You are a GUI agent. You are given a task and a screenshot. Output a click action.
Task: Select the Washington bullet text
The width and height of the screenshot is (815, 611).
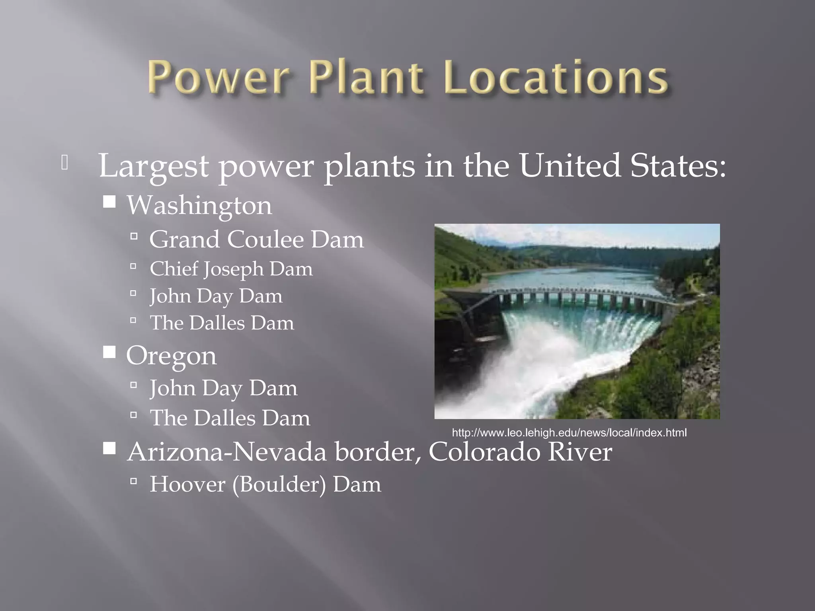point(199,206)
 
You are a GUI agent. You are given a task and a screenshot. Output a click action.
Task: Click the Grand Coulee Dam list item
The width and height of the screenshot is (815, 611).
point(256,239)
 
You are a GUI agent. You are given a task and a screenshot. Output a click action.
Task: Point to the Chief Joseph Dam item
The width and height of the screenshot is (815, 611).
point(231,269)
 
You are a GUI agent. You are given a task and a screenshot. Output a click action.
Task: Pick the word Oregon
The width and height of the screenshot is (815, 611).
point(171,356)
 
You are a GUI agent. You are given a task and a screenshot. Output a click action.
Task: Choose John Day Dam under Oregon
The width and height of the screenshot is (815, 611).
point(223,388)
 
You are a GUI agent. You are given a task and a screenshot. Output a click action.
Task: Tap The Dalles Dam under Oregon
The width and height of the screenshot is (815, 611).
point(230,418)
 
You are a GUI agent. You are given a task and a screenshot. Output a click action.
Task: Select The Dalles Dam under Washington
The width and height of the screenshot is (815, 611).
point(222,323)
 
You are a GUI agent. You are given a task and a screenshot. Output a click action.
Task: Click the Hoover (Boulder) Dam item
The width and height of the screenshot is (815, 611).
point(265,485)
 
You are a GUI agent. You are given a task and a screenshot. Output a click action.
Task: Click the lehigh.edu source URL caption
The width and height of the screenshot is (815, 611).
point(569,433)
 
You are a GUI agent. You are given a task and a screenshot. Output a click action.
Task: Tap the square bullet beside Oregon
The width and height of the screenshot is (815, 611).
point(109,352)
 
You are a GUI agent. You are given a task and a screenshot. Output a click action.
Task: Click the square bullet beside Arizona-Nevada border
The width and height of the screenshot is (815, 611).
point(109,448)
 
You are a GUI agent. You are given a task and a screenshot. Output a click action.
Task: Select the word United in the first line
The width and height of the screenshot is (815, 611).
point(569,165)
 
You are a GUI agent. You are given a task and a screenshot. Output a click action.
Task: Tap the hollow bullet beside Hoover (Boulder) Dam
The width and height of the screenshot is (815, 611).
point(134,482)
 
